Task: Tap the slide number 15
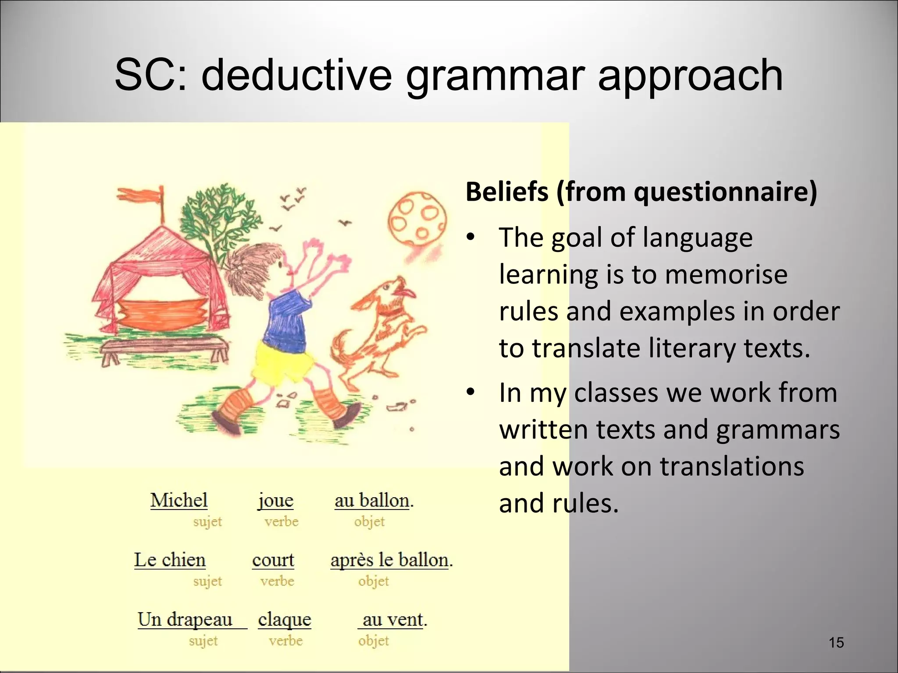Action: [836, 643]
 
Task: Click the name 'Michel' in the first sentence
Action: [179, 500]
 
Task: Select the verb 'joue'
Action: [275, 500]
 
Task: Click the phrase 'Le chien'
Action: [170, 560]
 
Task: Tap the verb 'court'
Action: [273, 560]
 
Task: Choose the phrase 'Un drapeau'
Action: [185, 620]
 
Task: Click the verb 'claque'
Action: [285, 620]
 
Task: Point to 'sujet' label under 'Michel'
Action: [207, 521]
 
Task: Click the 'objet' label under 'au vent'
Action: [374, 641]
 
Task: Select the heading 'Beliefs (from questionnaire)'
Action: [641, 192]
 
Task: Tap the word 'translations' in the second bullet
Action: [732, 466]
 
